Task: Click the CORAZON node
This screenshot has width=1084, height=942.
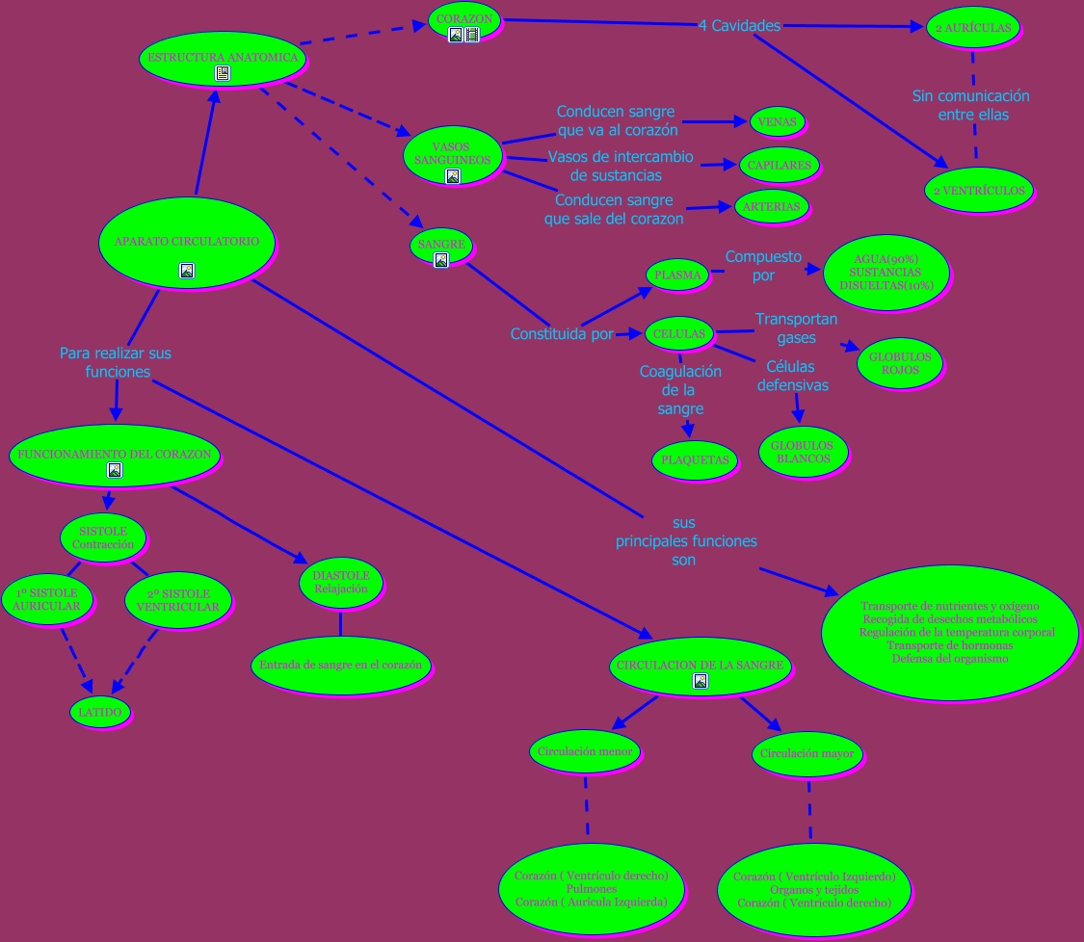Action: click(463, 18)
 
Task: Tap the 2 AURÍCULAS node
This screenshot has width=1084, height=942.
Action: click(972, 29)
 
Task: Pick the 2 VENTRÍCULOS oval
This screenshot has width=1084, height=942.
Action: click(978, 191)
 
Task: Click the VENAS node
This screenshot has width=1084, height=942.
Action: click(777, 122)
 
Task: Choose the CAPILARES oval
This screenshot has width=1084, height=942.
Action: click(779, 165)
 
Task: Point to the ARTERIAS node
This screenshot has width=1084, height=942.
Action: click(772, 206)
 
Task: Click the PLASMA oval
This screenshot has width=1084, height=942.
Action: click(677, 275)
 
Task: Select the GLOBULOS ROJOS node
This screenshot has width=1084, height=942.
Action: click(900, 363)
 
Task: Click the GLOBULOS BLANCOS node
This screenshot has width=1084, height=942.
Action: click(802, 452)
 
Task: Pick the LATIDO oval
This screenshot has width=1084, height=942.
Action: click(99, 712)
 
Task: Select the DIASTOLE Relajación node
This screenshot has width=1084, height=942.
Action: click(341, 581)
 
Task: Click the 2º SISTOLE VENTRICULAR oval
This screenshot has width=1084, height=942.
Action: click(177, 600)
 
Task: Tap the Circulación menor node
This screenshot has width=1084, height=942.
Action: click(585, 751)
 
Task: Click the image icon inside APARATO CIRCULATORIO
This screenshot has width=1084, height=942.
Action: click(187, 271)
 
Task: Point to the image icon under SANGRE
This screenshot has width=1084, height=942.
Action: click(441, 259)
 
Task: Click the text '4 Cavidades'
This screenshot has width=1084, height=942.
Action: click(739, 26)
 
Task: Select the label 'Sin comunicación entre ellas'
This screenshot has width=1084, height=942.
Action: click(970, 105)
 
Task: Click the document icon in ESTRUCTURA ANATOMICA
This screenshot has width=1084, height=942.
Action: click(223, 73)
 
